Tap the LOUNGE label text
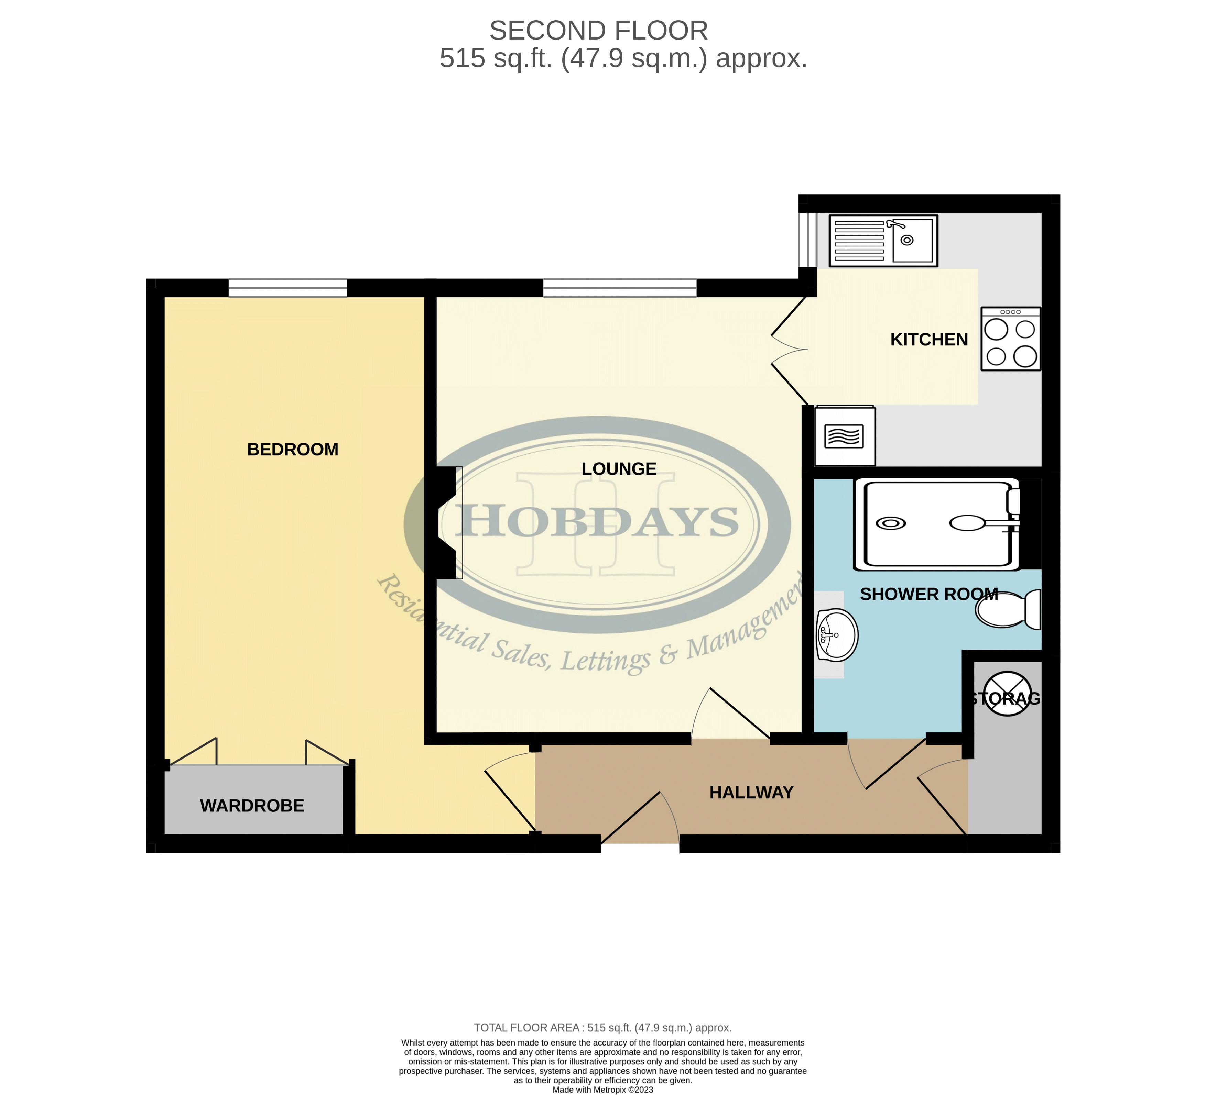click(x=619, y=469)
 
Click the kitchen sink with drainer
click(x=883, y=240)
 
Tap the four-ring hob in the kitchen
click(x=1010, y=339)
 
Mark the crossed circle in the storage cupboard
click(x=1008, y=693)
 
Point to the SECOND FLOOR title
click(x=598, y=31)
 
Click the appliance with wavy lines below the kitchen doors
click(x=845, y=436)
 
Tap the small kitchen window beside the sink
click(x=807, y=240)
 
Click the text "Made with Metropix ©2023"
click(x=603, y=1090)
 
